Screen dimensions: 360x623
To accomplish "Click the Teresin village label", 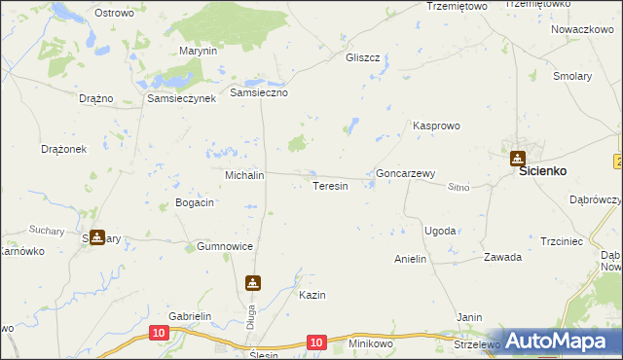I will pyautogui.click(x=329, y=186).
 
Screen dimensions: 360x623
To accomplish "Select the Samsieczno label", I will pyautogui.click(x=259, y=92).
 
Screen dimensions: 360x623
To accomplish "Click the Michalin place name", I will pyautogui.click(x=245, y=175).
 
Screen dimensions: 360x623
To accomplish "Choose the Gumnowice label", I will pyautogui.click(x=225, y=247).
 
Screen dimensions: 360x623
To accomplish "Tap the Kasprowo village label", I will pyautogui.click(x=436, y=126).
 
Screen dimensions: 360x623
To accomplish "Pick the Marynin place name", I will pyautogui.click(x=198, y=51).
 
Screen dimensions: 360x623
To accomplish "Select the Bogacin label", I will pyautogui.click(x=194, y=202).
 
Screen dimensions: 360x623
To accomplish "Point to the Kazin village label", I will pyautogui.click(x=311, y=295).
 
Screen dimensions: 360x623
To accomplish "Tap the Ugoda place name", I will pyautogui.click(x=440, y=231).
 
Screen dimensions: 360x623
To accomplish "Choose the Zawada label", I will pyautogui.click(x=503, y=258).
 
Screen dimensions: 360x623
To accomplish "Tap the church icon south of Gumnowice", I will pyautogui.click(x=253, y=283).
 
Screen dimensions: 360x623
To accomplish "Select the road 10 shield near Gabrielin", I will pyautogui.click(x=159, y=333).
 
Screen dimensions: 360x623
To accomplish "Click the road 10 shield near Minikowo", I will pyautogui.click(x=315, y=342).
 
